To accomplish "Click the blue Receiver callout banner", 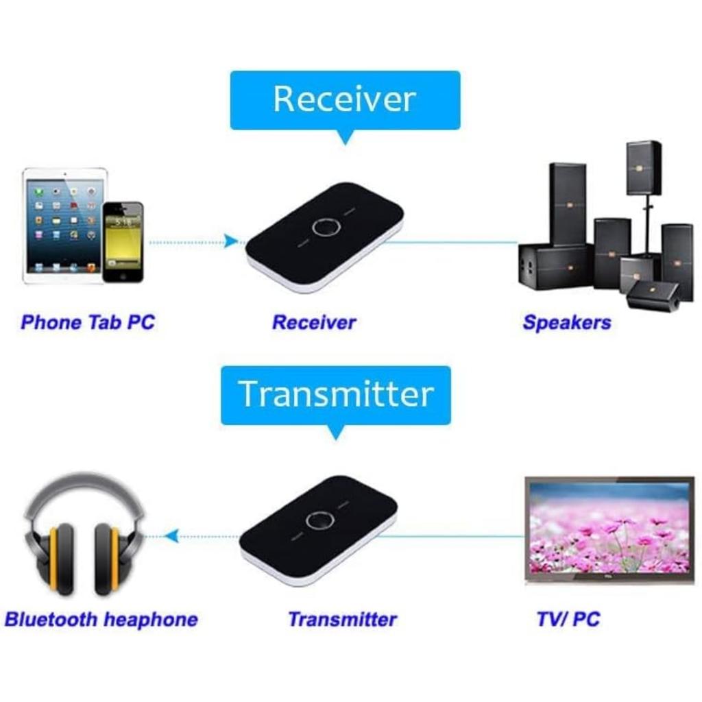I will (x=345, y=100).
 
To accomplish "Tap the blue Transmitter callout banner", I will (x=336, y=395).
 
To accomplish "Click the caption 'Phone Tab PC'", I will (x=88, y=322).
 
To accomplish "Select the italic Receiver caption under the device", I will (x=314, y=322).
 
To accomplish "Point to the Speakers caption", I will (x=566, y=322).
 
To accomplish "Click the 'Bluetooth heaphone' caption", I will (x=101, y=620).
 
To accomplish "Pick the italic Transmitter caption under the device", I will (x=342, y=620).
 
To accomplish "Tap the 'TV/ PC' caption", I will (x=568, y=620).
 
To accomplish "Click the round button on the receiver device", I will (x=323, y=228).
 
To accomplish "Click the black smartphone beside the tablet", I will (x=123, y=241).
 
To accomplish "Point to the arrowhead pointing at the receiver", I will (x=232, y=241).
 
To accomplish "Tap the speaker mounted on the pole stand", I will (x=643, y=167).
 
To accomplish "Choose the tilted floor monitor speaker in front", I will (x=653, y=295).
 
